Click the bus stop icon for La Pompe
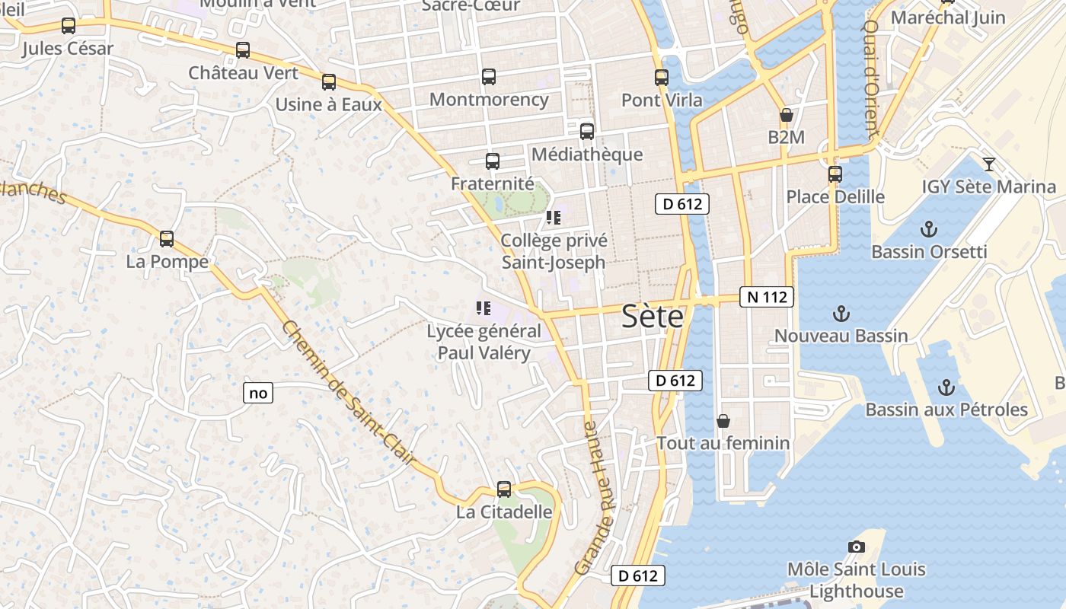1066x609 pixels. click(x=167, y=239)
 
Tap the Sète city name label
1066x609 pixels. click(x=653, y=316)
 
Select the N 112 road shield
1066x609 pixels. click(x=767, y=297)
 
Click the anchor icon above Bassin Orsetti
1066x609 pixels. click(x=928, y=229)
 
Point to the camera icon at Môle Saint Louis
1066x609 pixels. click(x=856, y=547)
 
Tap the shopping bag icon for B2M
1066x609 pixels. click(x=786, y=116)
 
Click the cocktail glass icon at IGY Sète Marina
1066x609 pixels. click(x=988, y=164)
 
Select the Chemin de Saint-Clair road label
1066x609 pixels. click(x=349, y=394)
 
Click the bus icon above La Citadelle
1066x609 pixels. click(x=503, y=489)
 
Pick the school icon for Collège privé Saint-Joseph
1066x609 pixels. click(x=554, y=218)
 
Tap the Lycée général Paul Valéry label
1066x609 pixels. click(x=484, y=342)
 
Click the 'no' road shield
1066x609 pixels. click(x=258, y=393)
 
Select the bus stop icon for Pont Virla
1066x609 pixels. click(x=661, y=78)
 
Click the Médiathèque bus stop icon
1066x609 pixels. click(x=586, y=132)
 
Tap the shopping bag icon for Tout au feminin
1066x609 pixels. click(x=723, y=421)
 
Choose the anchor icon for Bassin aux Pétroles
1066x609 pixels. click(x=945, y=387)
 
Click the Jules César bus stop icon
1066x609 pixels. click(x=69, y=26)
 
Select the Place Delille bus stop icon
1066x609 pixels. click(x=835, y=174)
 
